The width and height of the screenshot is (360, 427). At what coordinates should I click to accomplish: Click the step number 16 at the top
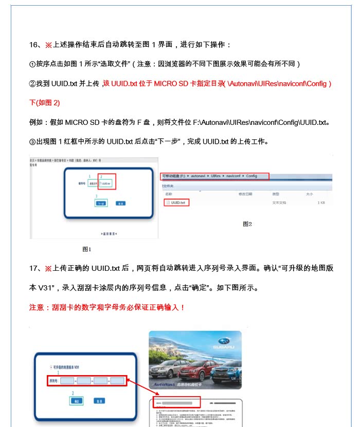click(x=33, y=45)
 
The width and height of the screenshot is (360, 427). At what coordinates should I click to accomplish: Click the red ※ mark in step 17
click(x=48, y=269)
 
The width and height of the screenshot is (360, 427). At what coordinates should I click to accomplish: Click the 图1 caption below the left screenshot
click(x=86, y=249)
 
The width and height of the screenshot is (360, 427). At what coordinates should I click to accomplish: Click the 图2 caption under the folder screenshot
click(x=247, y=224)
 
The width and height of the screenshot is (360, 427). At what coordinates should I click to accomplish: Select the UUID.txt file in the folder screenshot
click(x=177, y=203)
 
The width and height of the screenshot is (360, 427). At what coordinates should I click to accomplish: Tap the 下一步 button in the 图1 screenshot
click(x=101, y=203)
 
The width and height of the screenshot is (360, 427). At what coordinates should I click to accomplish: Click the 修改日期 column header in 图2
click(x=245, y=194)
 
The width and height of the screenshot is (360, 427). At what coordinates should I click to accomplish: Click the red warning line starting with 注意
click(x=106, y=307)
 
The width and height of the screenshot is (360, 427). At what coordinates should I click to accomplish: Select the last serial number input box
click(x=117, y=381)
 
